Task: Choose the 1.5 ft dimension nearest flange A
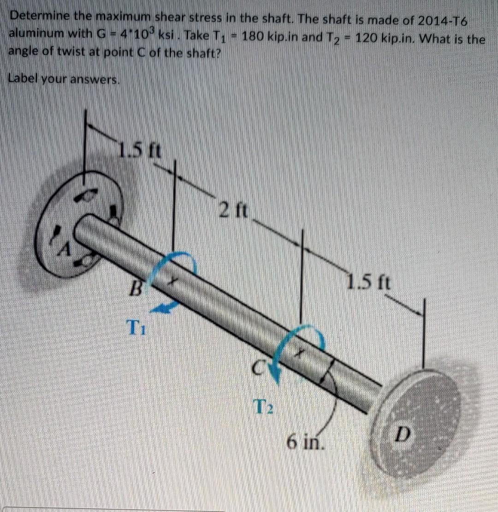pos(140,151)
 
